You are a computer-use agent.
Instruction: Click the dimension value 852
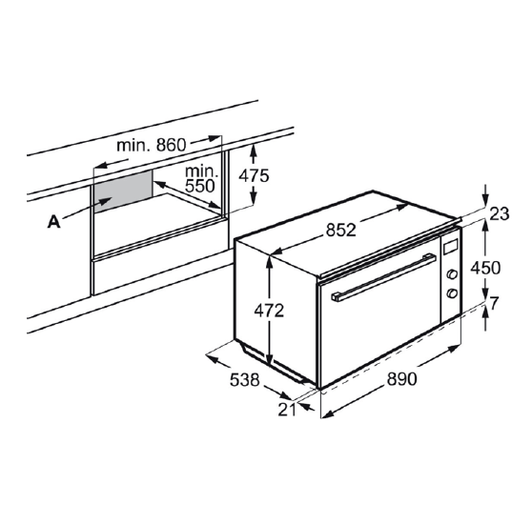pyautogui.click(x=341, y=231)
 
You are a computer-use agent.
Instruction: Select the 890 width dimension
pyautogui.click(x=401, y=379)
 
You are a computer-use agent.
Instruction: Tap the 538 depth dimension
pyautogui.click(x=245, y=379)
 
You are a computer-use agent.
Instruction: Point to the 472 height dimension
pyautogui.click(x=269, y=311)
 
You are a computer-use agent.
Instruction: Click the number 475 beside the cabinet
pyautogui.click(x=254, y=175)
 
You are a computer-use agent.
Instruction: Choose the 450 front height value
pyautogui.click(x=485, y=268)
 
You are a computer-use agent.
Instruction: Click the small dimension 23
pyautogui.click(x=500, y=213)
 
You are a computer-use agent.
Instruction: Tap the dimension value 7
pyautogui.click(x=493, y=304)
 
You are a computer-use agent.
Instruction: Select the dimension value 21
pyautogui.click(x=287, y=410)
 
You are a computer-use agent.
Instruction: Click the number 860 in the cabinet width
pyautogui.click(x=171, y=145)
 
